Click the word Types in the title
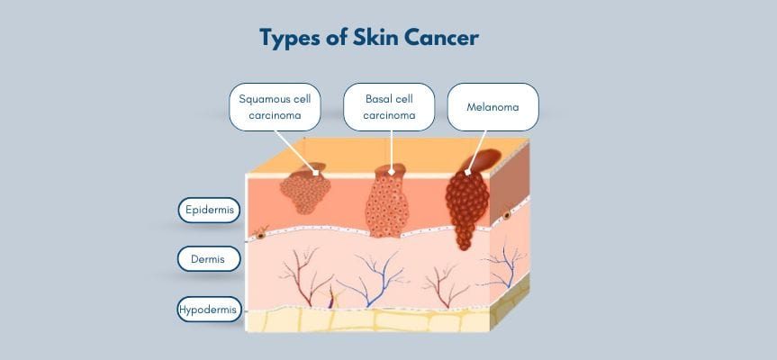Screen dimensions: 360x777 290,38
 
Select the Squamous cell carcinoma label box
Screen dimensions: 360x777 275,107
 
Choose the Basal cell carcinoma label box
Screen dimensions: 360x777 389,107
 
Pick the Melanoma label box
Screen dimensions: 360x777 492,107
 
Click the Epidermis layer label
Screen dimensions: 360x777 209,210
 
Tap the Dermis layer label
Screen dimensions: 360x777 209,259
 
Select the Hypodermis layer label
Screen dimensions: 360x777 209,310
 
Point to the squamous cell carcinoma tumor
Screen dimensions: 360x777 305,192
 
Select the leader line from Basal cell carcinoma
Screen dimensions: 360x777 390,148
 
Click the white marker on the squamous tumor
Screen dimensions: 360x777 315,170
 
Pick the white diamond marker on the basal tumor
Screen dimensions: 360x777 391,169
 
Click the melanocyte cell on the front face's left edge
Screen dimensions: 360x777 260,234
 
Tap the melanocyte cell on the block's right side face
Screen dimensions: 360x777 507,215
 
